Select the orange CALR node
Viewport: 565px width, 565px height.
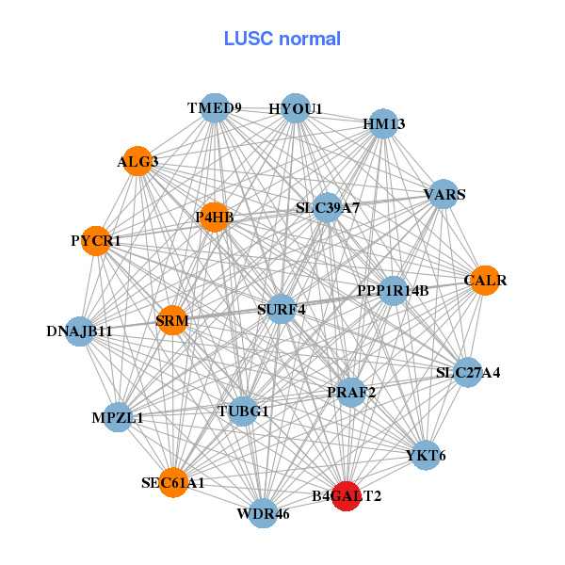pyautogui.click(x=484, y=280)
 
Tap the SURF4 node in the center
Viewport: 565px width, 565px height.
pyautogui.click(x=282, y=308)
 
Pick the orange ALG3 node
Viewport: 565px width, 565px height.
pyautogui.click(x=138, y=161)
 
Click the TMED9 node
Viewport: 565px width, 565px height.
pyautogui.click(x=215, y=108)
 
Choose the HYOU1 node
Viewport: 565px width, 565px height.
pyautogui.click(x=296, y=108)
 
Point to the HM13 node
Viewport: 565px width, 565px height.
pyautogui.click(x=382, y=123)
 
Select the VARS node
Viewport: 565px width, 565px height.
pyautogui.click(x=444, y=195)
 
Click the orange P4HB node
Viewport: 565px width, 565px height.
pyautogui.click(x=214, y=218)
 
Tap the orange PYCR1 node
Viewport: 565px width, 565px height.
pyautogui.click(x=96, y=241)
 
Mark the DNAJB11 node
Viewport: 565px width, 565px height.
pyautogui.click(x=81, y=331)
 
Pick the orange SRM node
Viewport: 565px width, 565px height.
pyautogui.click(x=172, y=321)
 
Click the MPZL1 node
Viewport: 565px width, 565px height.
pyautogui.click(x=118, y=417)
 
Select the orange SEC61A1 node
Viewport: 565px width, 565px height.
pyautogui.click(x=173, y=482)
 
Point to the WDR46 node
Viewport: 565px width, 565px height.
pyautogui.click(x=264, y=513)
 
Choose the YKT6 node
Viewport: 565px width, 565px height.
pyautogui.click(x=426, y=455)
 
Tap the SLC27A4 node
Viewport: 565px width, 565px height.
pyautogui.click(x=467, y=372)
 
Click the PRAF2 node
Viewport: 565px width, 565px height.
pyautogui.click(x=351, y=392)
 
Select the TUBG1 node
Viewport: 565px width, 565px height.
pyautogui.click(x=243, y=411)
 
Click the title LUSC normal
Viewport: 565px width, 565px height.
pyautogui.click(x=282, y=39)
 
